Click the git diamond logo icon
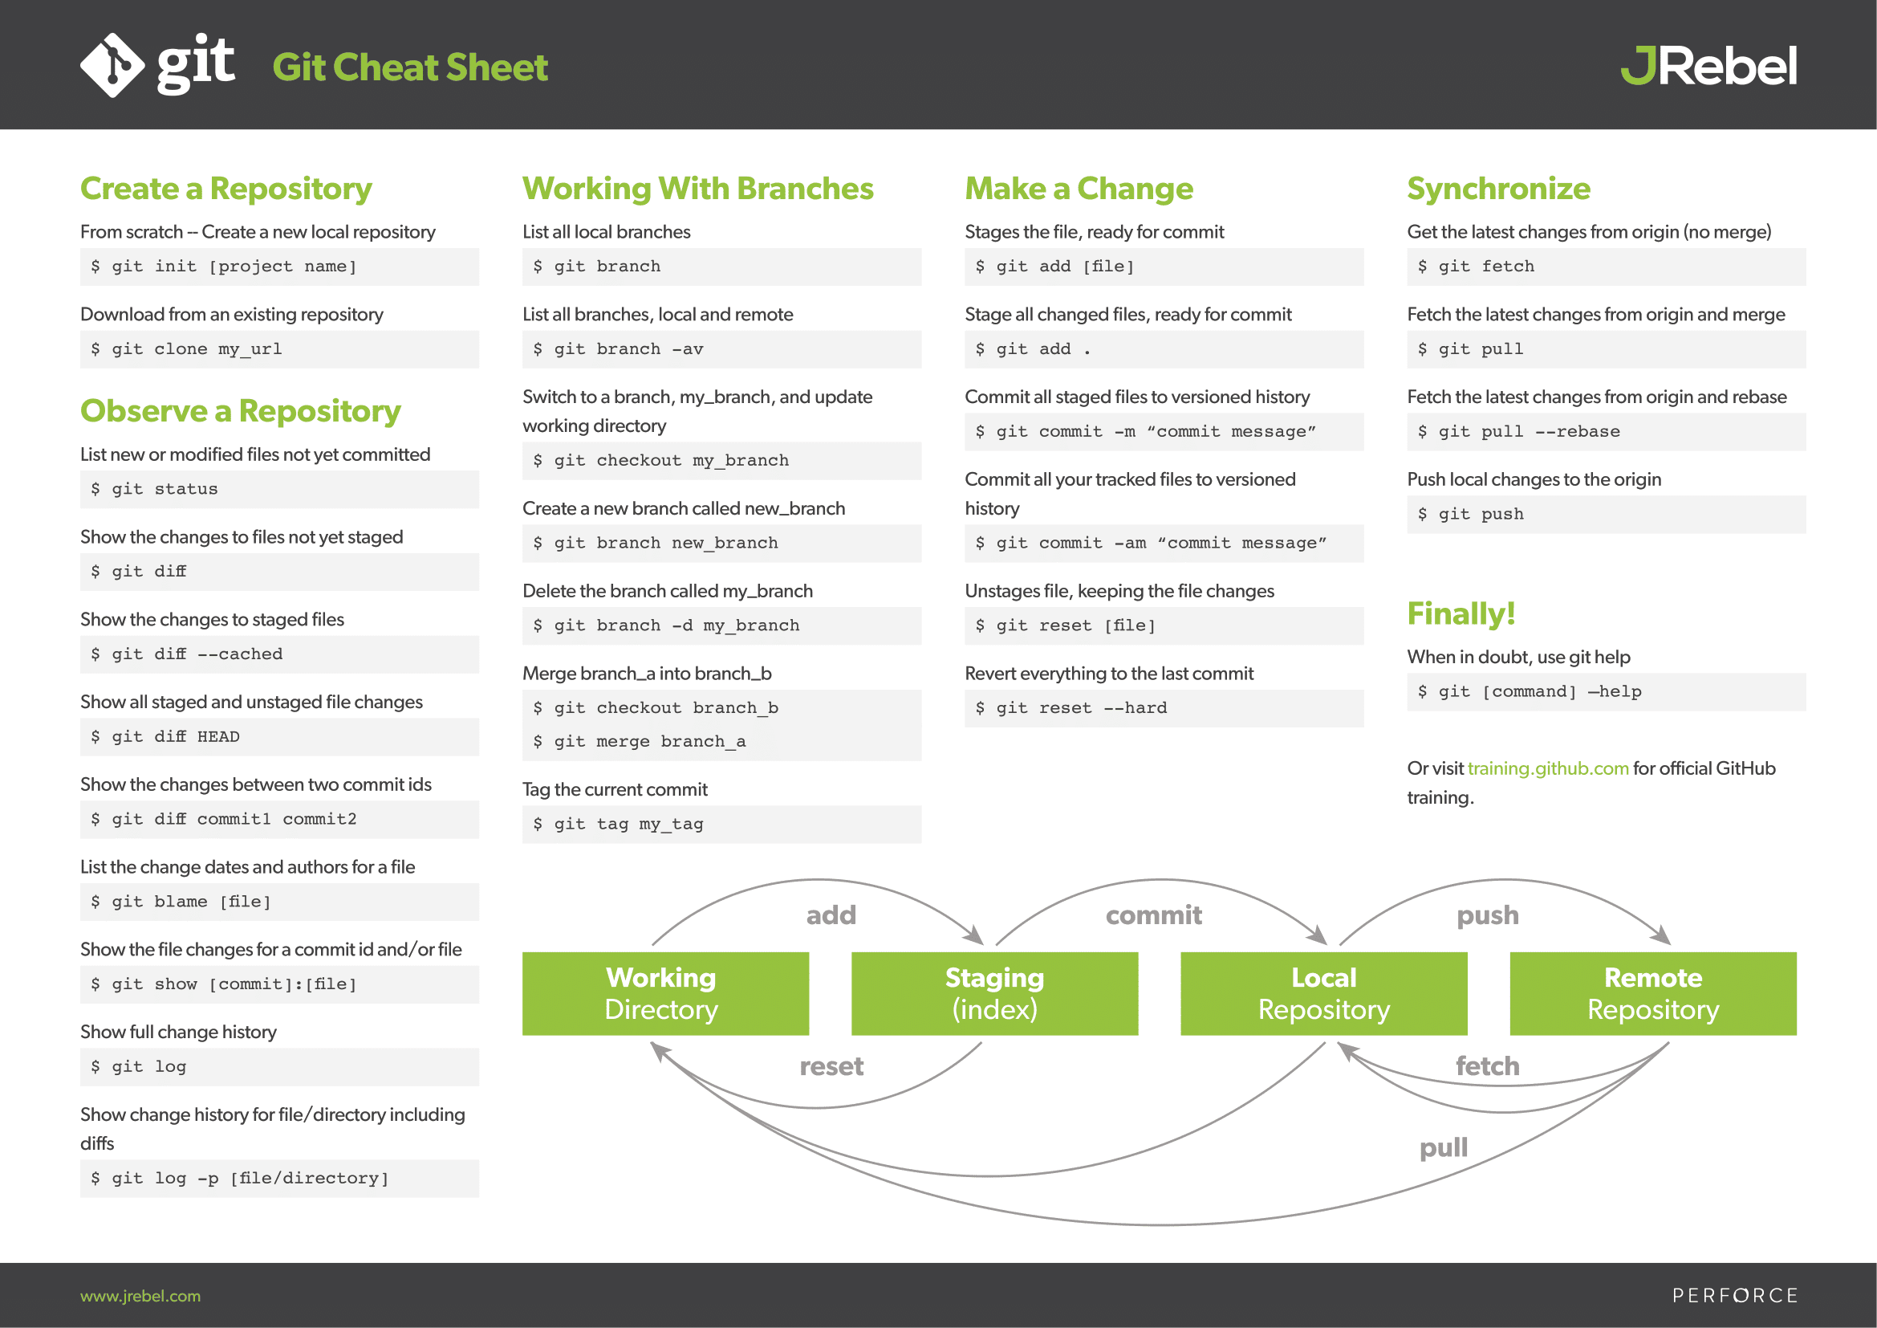click(x=113, y=65)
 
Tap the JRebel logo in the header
click(x=1708, y=65)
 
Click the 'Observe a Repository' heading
click(x=241, y=410)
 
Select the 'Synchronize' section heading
click(x=1498, y=189)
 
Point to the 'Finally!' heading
click(x=1461, y=613)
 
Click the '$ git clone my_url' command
click(x=186, y=349)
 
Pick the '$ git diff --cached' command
click(x=186, y=654)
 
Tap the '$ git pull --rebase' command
click(x=1518, y=432)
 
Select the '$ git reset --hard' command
click(x=1071, y=708)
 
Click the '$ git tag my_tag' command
click(x=617, y=825)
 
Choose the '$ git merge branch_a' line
click(x=639, y=742)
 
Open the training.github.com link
click(x=1547, y=768)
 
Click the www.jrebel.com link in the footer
click(x=140, y=1296)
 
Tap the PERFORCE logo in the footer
click(x=1735, y=1296)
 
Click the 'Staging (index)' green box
click(x=994, y=993)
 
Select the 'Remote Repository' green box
click(x=1653, y=993)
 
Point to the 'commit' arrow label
click(x=1153, y=915)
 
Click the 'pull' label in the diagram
click(x=1444, y=1148)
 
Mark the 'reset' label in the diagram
click(x=831, y=1066)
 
